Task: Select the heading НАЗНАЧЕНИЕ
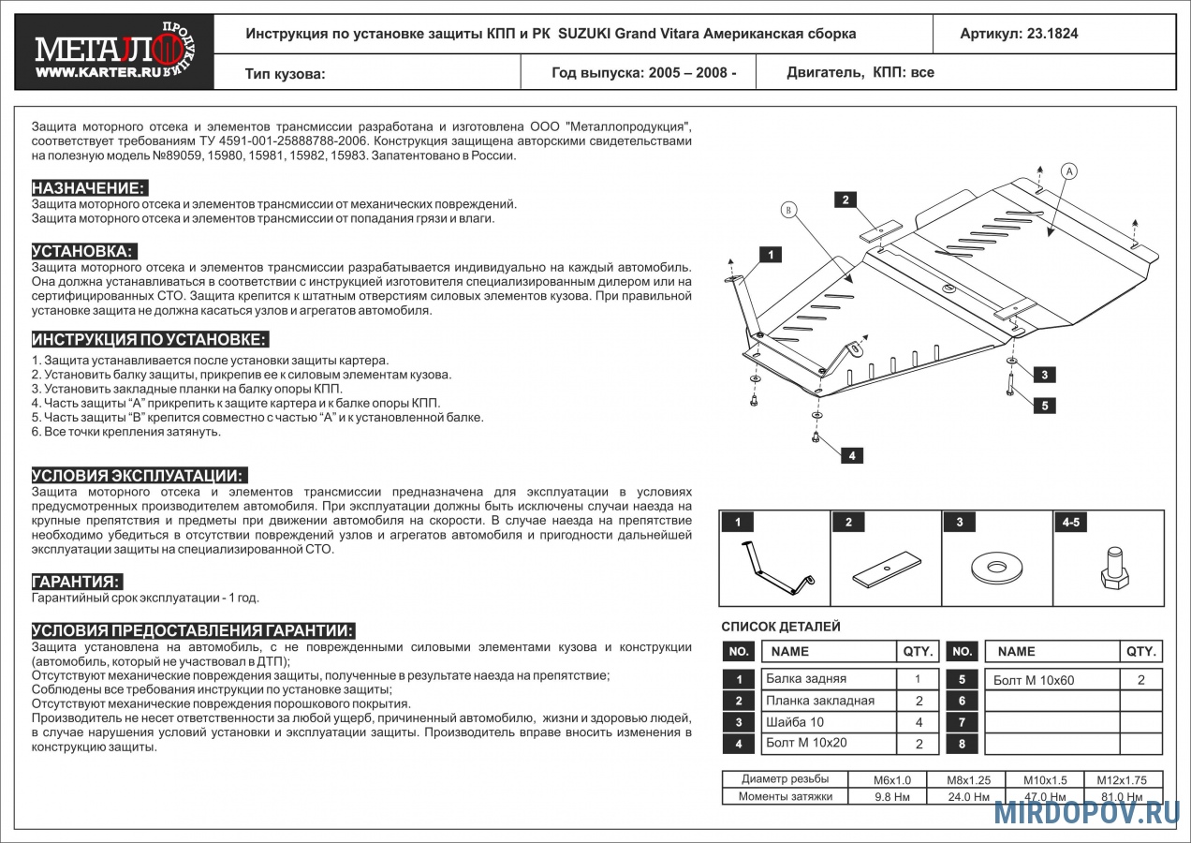coord(88,187)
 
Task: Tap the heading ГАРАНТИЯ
coord(77,582)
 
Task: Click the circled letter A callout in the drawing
coord(1069,170)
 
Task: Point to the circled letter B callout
coord(788,210)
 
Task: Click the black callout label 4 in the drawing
coord(851,456)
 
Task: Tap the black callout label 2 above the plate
coord(845,199)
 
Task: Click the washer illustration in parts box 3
coord(996,567)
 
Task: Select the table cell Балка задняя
coord(806,679)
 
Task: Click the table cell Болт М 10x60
coord(1034,681)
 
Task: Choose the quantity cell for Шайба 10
coord(919,722)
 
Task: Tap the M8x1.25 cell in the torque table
coord(967,779)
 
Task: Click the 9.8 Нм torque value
coord(886,797)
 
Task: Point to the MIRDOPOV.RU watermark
coord(1086,812)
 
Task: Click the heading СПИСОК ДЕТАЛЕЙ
coord(780,627)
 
